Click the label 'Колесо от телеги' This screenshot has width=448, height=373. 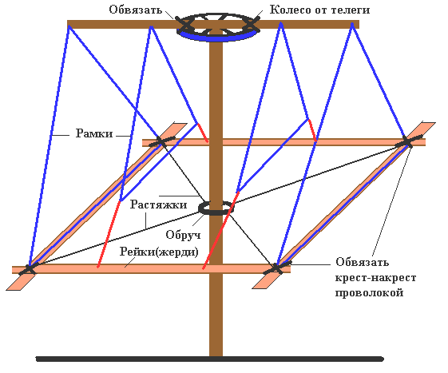319,10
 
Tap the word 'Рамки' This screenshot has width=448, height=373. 94,133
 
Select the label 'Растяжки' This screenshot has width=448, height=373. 159,204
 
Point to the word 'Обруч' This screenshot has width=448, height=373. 183,235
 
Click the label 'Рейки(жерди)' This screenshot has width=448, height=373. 159,252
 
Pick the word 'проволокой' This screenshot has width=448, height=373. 369,293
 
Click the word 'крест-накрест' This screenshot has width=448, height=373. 375,277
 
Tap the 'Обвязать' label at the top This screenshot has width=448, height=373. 136,10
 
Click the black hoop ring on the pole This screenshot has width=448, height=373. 216,212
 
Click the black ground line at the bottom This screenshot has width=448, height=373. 210,359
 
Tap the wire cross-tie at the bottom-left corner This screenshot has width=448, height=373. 28,269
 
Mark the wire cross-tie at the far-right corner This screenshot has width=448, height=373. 407,142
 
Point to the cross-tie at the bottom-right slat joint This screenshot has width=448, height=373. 276,268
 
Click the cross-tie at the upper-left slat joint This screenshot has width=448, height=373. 161,141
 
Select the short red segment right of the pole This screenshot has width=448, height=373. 312,130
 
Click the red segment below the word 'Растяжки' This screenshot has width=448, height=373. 109,234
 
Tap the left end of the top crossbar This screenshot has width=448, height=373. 68,25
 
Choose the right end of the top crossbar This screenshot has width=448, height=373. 359,24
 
